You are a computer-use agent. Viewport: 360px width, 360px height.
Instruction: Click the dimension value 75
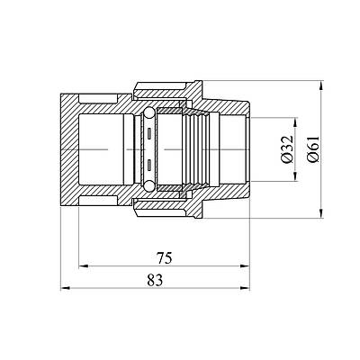pyautogui.click(x=165, y=258)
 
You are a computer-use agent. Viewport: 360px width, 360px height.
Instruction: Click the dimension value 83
pyautogui.click(x=155, y=280)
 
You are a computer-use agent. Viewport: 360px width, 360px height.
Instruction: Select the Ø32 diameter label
pyautogui.click(x=287, y=149)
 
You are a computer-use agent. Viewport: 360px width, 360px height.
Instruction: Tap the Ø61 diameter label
pyautogui.click(x=313, y=149)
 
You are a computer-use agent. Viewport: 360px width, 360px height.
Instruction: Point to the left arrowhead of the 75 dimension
pyautogui.click(x=84, y=265)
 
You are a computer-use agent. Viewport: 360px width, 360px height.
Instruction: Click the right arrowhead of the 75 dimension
pyautogui.click(x=245, y=265)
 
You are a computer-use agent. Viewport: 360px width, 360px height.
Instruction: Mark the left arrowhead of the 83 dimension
pyautogui.click(x=66, y=288)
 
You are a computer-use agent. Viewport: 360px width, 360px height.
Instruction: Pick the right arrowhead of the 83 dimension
pyautogui.click(x=245, y=288)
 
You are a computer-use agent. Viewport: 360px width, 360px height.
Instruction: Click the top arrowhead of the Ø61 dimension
pyautogui.click(x=321, y=85)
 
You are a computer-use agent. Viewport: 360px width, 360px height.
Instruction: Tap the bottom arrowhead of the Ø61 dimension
pyautogui.click(x=321, y=213)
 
